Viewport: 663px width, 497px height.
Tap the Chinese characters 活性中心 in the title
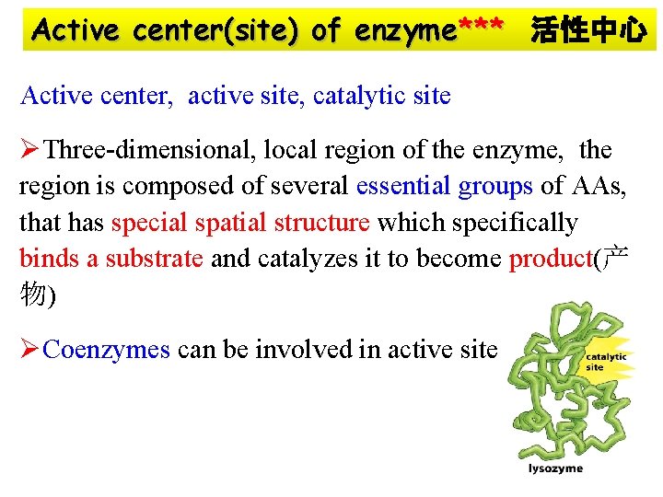pyautogui.click(x=587, y=31)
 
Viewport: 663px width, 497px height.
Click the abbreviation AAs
pyautogui.click(x=598, y=186)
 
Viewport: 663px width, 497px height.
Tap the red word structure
pyautogui.click(x=327, y=223)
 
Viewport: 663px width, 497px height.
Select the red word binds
pyautogui.click(x=50, y=259)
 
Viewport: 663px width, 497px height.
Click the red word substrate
pyautogui.click(x=154, y=259)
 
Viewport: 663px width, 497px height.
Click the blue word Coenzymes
pyautogui.click(x=107, y=350)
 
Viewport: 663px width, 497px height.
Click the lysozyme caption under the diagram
pyautogui.click(x=555, y=468)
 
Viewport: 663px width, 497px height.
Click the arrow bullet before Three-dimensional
pyautogui.click(x=30, y=149)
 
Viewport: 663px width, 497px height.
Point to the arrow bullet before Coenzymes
pyautogui.click(x=30, y=350)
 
